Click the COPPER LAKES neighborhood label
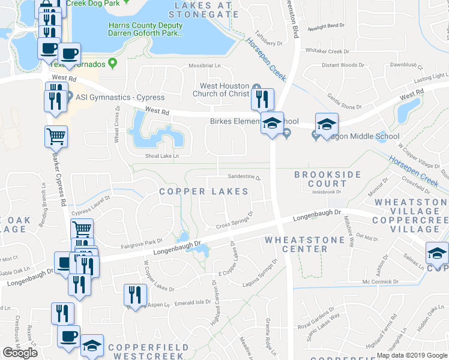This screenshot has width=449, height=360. (203, 191)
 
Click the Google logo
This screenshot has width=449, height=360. (20, 352)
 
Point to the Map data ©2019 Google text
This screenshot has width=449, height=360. (411, 355)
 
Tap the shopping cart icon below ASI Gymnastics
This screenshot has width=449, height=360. (55, 137)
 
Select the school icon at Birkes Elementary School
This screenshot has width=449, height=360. (272, 123)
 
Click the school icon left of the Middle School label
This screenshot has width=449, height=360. (327, 124)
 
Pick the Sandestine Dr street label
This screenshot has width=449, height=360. (244, 178)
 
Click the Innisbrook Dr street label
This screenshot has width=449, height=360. (327, 193)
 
